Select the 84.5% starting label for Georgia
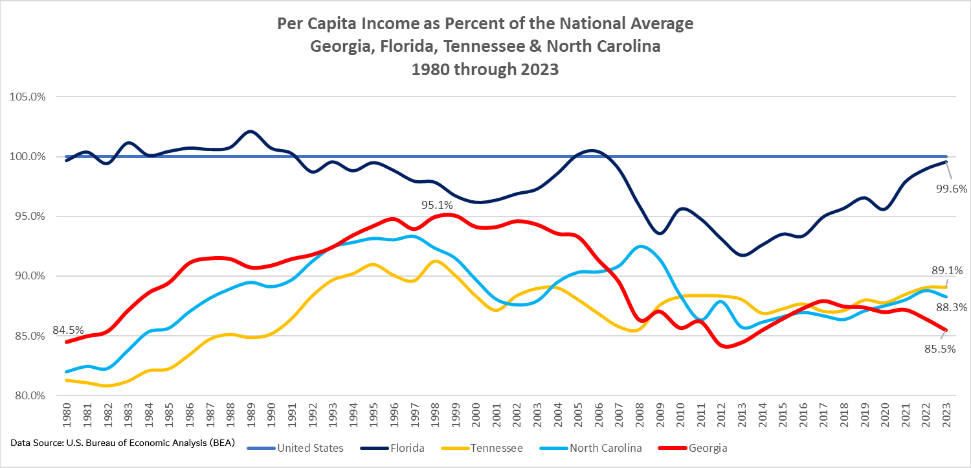click(x=68, y=331)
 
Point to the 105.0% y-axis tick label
click(x=27, y=97)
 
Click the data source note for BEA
click(x=122, y=443)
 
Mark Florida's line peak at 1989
click(x=251, y=132)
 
